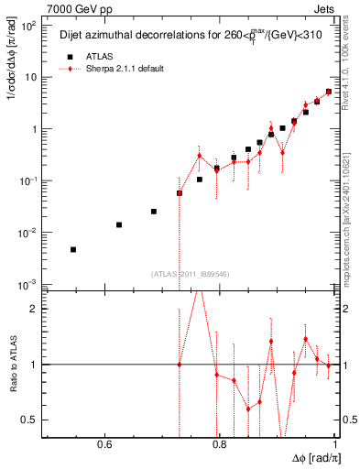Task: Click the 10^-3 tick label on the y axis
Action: click(29, 284)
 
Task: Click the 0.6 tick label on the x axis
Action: click(104, 446)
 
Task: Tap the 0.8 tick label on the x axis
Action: click(219, 446)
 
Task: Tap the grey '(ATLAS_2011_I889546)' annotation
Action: click(191, 273)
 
